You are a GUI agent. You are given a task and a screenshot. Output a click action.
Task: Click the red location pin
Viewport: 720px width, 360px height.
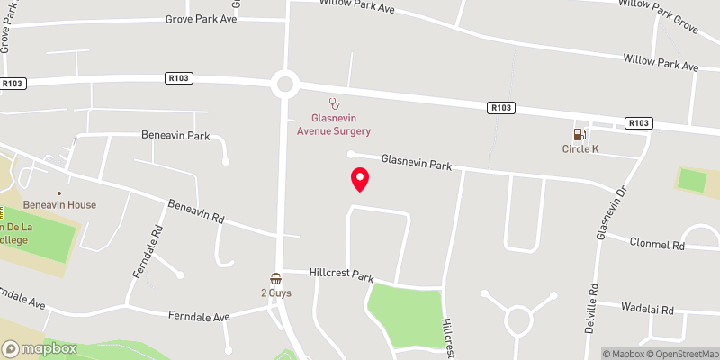360,179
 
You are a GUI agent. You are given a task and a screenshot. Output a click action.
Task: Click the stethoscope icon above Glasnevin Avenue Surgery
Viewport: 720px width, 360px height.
333,103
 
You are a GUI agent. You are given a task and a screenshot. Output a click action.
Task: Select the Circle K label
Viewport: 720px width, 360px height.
580,149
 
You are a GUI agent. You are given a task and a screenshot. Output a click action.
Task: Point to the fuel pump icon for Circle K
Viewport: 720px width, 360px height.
580,134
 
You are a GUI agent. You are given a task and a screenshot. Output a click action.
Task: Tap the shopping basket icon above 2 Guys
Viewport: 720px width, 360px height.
276,279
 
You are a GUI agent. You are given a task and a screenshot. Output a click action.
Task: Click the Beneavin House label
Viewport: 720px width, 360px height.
59,205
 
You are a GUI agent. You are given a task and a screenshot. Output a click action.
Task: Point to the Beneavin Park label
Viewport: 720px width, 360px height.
175,136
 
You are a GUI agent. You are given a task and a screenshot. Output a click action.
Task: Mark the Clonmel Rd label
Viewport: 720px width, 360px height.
658,245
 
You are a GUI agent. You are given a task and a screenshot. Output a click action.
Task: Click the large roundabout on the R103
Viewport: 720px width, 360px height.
286,85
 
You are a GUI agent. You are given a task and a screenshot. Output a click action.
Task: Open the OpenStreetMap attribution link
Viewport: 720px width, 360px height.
680,353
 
